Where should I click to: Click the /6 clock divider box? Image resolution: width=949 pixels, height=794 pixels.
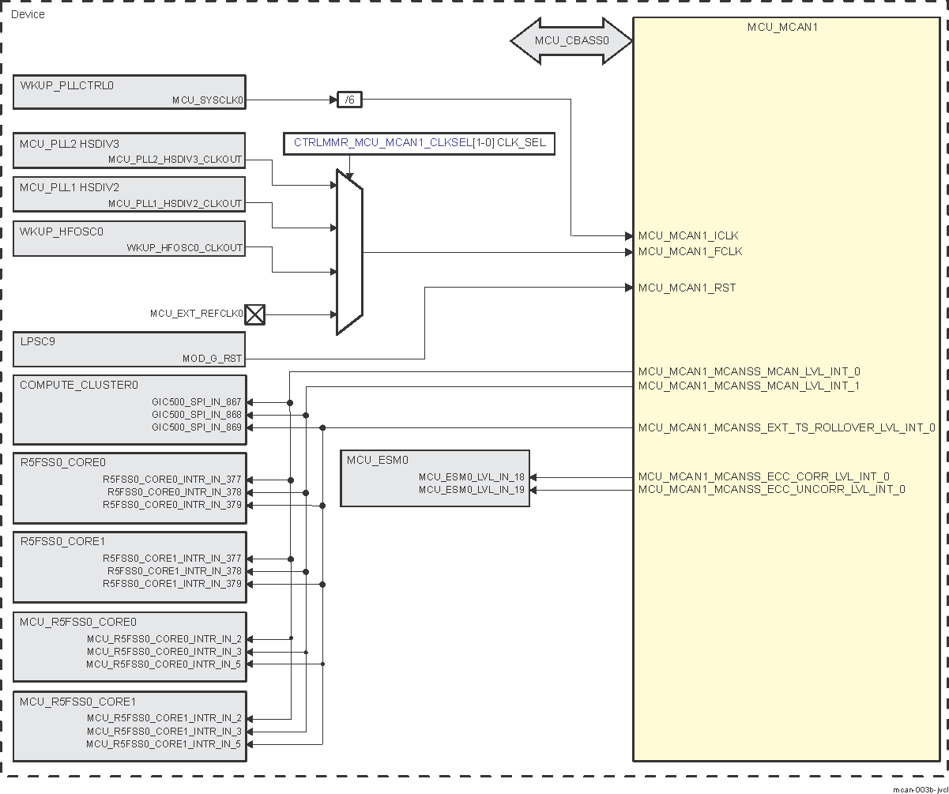348,100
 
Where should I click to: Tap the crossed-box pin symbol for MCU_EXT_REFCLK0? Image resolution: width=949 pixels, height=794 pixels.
254,314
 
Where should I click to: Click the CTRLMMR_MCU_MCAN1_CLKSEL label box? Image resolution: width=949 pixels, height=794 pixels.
420,144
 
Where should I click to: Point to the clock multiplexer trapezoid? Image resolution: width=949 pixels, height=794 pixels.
349,252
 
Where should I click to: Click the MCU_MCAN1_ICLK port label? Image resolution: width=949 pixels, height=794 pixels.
689,235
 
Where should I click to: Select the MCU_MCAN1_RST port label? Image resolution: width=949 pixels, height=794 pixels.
687,288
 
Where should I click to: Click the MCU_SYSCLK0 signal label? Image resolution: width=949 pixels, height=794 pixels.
208,100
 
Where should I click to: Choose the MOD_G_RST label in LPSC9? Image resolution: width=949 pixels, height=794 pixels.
212,359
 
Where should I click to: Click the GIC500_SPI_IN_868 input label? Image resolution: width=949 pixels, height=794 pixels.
197,415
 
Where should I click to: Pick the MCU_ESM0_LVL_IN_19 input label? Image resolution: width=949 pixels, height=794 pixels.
472,490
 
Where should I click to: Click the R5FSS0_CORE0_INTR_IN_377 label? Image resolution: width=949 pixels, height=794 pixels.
172,480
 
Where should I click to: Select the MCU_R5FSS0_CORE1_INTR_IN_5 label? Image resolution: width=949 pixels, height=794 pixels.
164,744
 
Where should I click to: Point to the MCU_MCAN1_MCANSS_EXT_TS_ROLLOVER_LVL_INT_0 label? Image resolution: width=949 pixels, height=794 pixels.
786,428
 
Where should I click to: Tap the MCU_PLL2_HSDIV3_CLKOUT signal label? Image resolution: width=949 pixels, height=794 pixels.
175,160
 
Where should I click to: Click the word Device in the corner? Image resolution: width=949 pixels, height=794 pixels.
28,14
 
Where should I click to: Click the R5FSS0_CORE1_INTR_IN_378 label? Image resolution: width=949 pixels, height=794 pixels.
175,571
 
